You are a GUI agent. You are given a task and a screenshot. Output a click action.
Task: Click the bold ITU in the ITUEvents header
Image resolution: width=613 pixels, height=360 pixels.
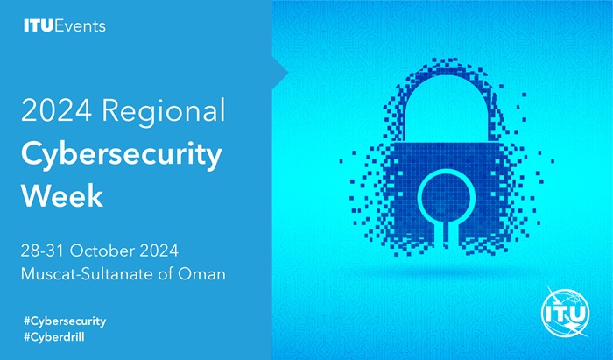pyautogui.click(x=39, y=25)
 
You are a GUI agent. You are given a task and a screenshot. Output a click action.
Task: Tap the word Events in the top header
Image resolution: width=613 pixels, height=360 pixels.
pyautogui.click(x=81, y=25)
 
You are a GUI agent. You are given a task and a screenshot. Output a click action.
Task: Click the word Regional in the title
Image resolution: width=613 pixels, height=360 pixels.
pyautogui.click(x=164, y=112)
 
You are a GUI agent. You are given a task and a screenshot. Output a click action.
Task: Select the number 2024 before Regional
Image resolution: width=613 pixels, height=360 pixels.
pyautogui.click(x=56, y=110)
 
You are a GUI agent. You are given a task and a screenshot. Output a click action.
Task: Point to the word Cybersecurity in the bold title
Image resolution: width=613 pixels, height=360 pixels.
pyautogui.click(x=122, y=156)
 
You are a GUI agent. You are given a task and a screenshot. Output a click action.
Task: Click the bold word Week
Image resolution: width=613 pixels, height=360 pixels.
pyautogui.click(x=62, y=195)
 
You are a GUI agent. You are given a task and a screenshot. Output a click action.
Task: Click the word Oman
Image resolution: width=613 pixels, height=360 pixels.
pyautogui.click(x=201, y=273)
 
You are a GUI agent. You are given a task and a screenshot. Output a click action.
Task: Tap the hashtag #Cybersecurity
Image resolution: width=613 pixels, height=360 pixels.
pyautogui.click(x=65, y=321)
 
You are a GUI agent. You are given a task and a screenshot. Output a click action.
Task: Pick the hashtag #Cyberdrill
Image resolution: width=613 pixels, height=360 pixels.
pyautogui.click(x=54, y=337)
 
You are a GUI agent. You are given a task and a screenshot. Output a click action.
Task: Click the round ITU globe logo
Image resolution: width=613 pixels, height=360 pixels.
pyautogui.click(x=566, y=312)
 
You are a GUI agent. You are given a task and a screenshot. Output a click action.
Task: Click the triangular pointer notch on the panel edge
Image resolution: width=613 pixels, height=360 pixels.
pyautogui.click(x=280, y=73)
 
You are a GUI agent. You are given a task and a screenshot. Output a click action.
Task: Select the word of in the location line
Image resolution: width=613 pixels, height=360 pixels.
pyautogui.click(x=166, y=273)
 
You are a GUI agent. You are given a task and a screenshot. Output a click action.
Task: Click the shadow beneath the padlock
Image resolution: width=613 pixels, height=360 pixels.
pyautogui.click(x=446, y=272)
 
